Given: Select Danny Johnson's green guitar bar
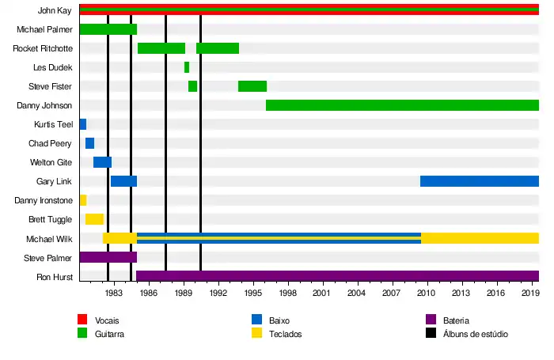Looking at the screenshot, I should (x=402, y=105).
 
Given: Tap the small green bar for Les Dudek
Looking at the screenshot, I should (x=187, y=67).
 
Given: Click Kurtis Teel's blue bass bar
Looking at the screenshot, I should (x=83, y=124).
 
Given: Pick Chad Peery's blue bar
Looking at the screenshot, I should (x=89, y=143).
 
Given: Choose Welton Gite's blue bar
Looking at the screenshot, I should (x=102, y=162).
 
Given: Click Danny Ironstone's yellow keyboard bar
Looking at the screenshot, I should (x=83, y=200).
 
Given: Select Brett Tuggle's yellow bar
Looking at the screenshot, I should (x=94, y=219).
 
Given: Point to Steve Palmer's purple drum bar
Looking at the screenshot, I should (x=108, y=257).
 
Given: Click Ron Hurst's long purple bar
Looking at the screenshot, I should (x=337, y=276).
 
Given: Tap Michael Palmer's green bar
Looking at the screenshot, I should (x=108, y=29).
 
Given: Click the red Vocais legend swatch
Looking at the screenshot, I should (x=82, y=320).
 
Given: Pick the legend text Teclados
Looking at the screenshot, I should (x=286, y=334).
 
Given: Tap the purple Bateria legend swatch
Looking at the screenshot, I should (x=431, y=320).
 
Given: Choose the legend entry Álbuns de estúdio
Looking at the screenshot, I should (x=476, y=334).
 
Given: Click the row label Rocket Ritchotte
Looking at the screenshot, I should (x=43, y=48).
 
